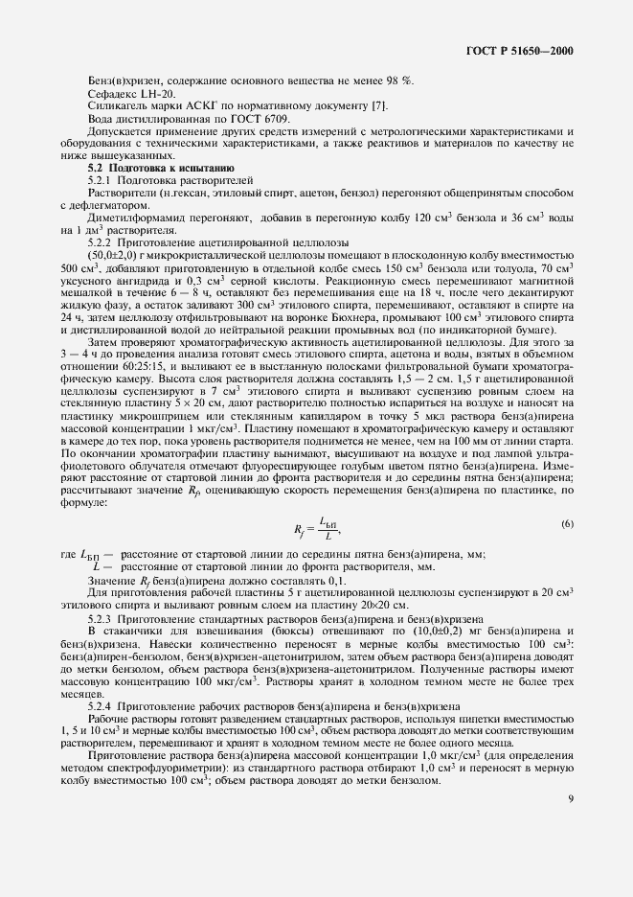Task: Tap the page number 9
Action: pos(570,820)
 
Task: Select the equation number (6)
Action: pos(566,523)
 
